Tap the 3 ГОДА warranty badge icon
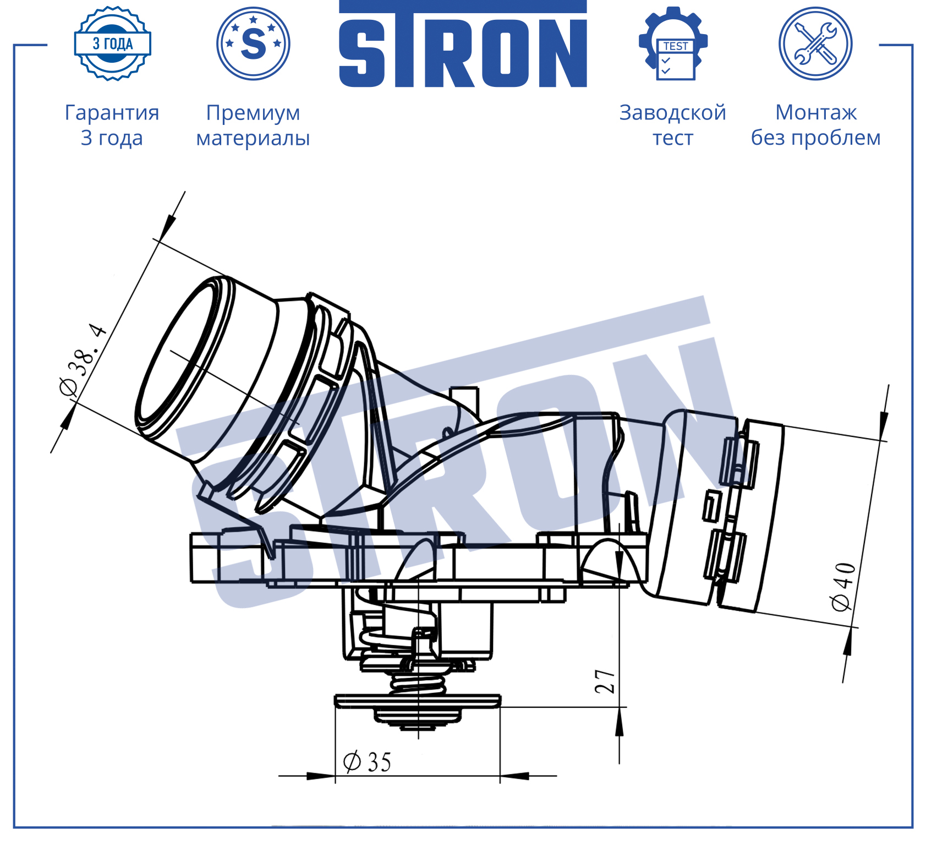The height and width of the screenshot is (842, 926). pyautogui.click(x=113, y=43)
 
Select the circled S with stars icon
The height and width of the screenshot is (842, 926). pyautogui.click(x=253, y=43)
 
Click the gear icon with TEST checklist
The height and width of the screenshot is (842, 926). pyautogui.click(x=673, y=43)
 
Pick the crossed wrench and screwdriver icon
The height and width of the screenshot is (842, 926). pyautogui.click(x=815, y=43)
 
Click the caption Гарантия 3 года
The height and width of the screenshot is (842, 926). pyautogui.click(x=112, y=125)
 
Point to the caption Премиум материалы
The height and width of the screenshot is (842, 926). pyautogui.click(x=253, y=125)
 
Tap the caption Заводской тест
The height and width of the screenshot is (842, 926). pyautogui.click(x=673, y=125)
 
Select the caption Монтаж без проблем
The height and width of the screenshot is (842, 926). pyautogui.click(x=816, y=125)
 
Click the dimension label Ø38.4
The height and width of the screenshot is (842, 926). pyautogui.click(x=83, y=359)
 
